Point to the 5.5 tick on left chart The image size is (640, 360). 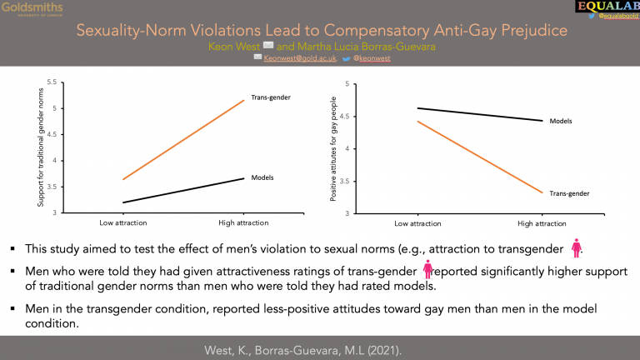point(51,82)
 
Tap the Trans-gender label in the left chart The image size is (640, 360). point(271,97)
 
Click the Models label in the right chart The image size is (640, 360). point(561,121)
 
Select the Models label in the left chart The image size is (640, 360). point(263,177)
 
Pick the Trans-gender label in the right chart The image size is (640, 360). point(569,193)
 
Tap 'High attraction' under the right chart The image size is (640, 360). point(542,223)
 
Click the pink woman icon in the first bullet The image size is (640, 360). point(575,247)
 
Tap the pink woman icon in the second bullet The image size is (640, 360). point(427,270)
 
